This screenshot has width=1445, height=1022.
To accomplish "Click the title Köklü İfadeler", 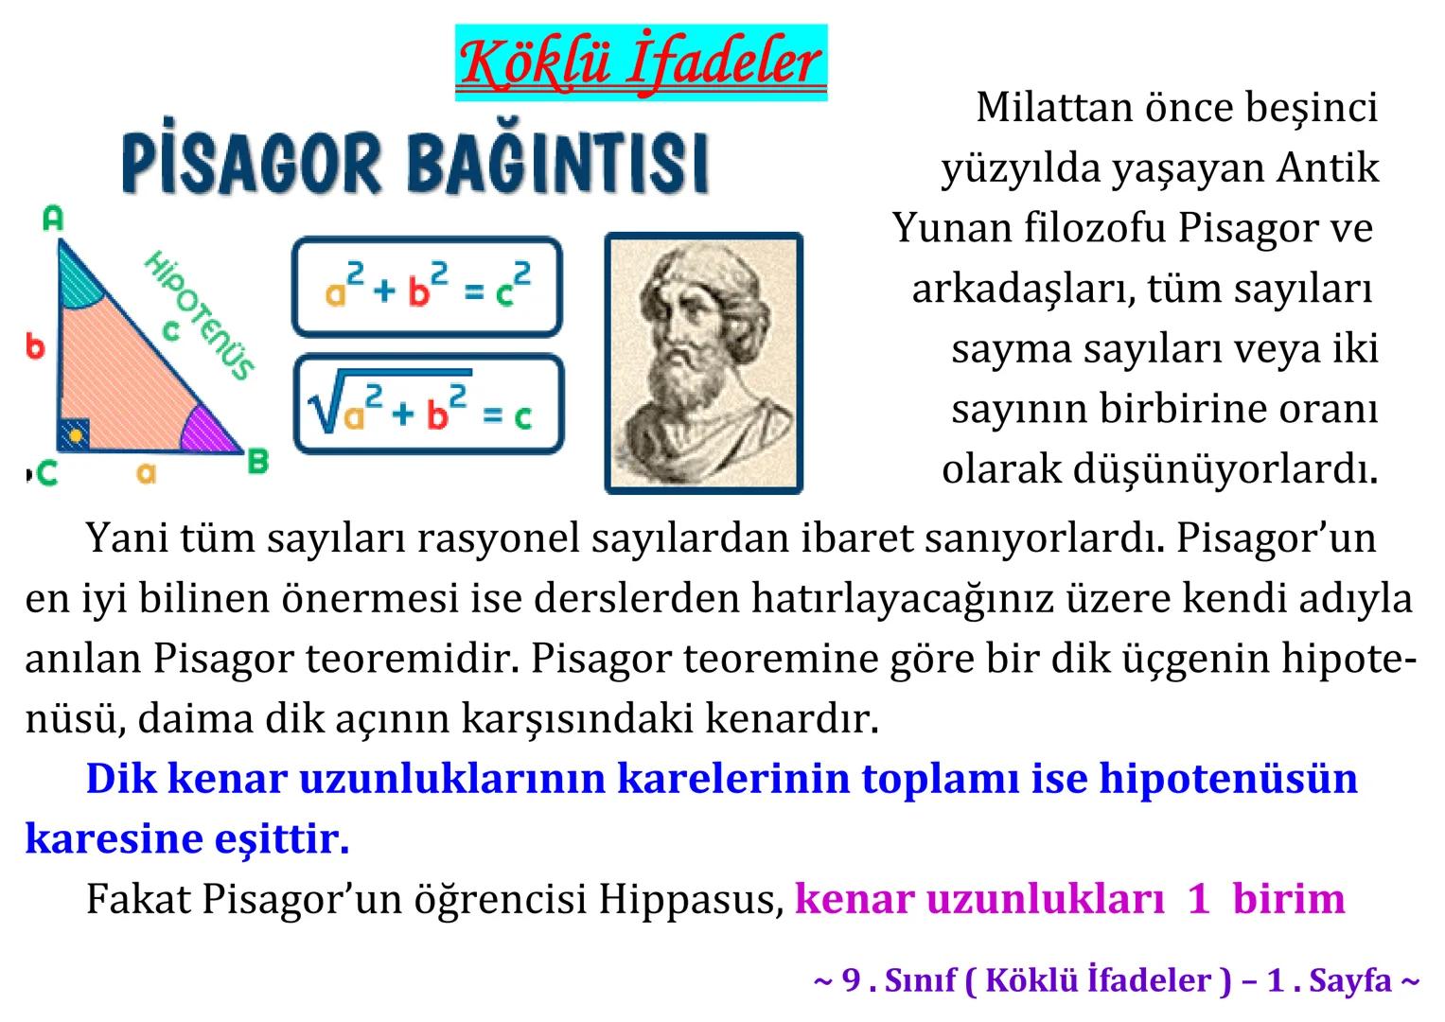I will click(x=641, y=62).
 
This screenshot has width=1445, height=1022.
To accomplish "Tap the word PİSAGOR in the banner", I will click(x=251, y=163).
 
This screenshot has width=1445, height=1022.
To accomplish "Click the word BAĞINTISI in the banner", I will click(x=557, y=163).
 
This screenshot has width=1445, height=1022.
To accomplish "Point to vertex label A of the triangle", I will click(x=53, y=220).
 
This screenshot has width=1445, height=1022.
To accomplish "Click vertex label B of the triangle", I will click(x=256, y=463).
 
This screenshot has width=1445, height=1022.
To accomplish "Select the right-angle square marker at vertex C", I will click(x=74, y=434).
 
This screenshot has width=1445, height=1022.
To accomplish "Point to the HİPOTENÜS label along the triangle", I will click(x=200, y=314).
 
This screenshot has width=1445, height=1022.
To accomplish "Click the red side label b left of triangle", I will click(x=35, y=346).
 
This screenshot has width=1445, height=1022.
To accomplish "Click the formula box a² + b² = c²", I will click(x=427, y=287).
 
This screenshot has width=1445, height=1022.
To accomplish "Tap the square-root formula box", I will click(x=428, y=404).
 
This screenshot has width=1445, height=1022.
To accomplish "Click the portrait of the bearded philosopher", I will click(x=703, y=362).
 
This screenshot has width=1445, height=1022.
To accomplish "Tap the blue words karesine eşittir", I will click(x=186, y=838).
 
